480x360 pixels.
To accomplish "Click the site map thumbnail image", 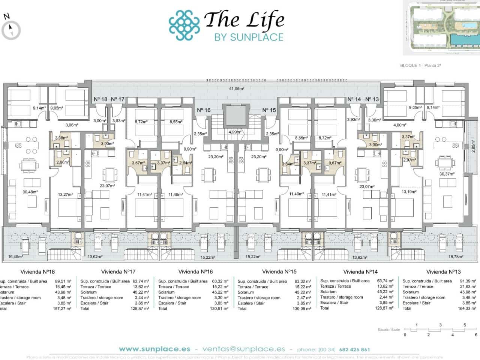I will tap(441, 28).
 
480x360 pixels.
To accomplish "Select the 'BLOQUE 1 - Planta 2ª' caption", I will tap(420, 66).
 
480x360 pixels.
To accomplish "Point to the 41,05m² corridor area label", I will tap(237, 89).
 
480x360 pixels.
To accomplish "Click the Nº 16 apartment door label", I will tap(204, 110).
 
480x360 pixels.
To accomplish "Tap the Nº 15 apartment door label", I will tap(269, 110).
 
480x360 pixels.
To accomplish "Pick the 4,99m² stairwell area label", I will tap(235, 132).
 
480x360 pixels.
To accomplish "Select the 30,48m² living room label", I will tap(30, 192).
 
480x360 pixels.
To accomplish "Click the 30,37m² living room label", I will tap(447, 174).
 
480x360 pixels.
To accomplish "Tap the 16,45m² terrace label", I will tap(15, 257).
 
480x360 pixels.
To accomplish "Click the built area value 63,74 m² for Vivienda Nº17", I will tap(141, 281).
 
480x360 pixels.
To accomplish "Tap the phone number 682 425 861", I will tap(354, 349).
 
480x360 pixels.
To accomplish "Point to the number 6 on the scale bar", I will tap(476, 334).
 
